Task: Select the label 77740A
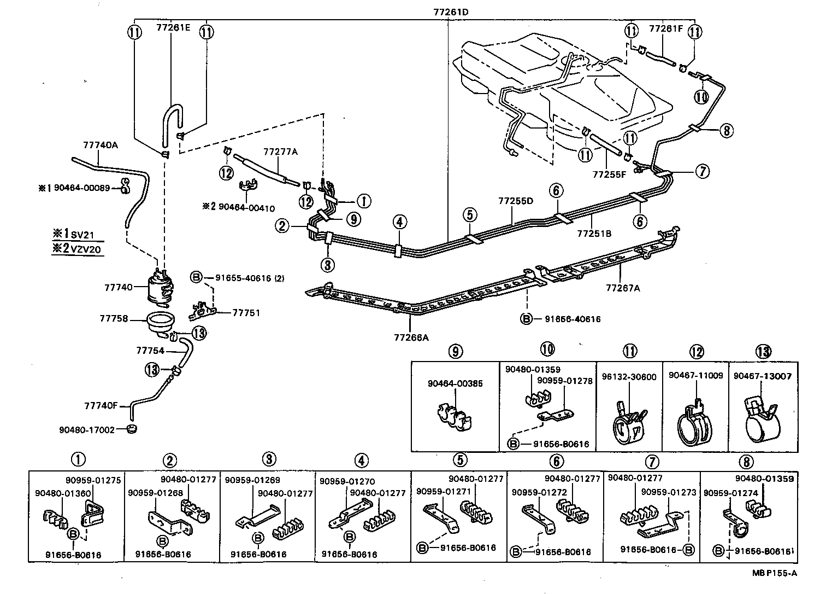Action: coord(101,145)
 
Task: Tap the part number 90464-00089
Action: coord(82,188)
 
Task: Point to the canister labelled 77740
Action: coord(160,286)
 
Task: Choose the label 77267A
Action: coord(622,287)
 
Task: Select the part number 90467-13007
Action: coord(763,376)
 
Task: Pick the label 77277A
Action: coord(280,152)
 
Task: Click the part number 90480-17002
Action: coord(87,429)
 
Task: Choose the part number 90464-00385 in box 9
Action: coord(455,383)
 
